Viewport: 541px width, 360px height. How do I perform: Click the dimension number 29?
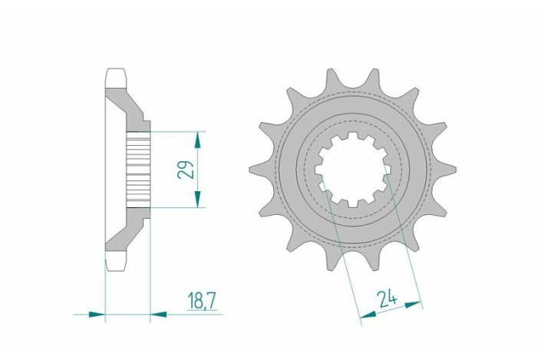[185, 169]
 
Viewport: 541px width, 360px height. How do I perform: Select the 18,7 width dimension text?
[201, 300]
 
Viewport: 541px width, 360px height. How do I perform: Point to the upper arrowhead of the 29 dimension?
[198, 139]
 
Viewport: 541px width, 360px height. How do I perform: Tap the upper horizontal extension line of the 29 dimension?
[176, 130]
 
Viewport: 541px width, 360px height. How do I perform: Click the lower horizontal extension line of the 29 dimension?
[176, 207]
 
